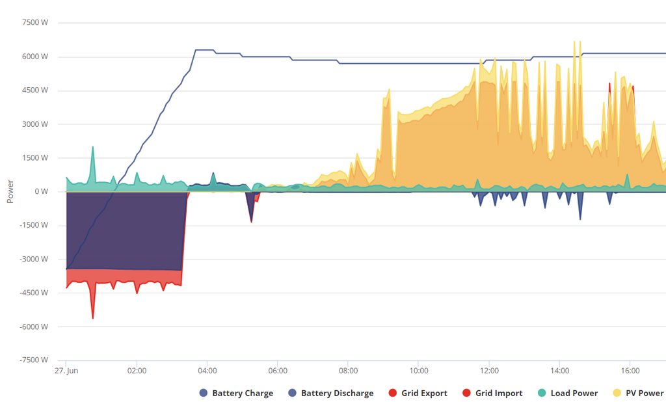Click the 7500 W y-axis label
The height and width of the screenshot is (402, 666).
(35, 23)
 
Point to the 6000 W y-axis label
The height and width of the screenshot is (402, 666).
(35, 57)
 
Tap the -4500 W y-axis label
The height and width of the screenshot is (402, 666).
(33, 293)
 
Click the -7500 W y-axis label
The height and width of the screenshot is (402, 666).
(33, 360)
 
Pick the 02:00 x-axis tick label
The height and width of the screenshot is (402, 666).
(137, 371)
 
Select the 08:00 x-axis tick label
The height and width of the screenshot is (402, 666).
(348, 371)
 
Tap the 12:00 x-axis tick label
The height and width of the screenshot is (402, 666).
(489, 371)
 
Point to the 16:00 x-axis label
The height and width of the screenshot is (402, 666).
(630, 371)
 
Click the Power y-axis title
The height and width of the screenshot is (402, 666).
(10, 191)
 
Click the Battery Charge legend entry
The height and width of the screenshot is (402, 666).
(237, 393)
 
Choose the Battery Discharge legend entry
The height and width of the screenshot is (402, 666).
(331, 393)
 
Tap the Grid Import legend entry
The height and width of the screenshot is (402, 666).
(492, 393)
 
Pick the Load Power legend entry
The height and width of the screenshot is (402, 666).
(568, 393)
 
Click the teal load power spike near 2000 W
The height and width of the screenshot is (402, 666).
(92, 148)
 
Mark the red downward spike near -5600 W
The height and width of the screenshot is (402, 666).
(92, 317)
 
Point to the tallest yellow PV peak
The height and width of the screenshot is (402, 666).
(574, 42)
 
